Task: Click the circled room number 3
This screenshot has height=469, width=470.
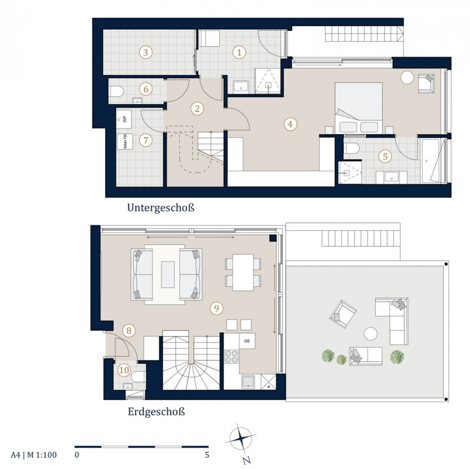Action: (145, 53)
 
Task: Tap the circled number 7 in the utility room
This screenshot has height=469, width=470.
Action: (146, 140)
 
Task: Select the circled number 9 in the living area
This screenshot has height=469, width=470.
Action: (217, 308)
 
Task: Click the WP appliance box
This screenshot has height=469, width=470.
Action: (124, 119)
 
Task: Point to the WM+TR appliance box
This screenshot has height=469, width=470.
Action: (125, 142)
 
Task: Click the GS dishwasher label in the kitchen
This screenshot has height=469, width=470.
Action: (247, 341)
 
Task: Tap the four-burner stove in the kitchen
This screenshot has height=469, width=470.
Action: (231, 357)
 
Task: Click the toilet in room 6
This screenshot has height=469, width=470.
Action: (116, 91)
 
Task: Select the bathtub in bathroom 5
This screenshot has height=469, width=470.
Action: (431, 161)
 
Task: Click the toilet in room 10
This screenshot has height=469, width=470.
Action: (138, 377)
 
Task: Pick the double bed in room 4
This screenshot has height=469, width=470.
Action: (358, 108)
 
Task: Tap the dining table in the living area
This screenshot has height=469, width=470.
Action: (243, 272)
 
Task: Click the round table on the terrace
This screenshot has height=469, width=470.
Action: (371, 334)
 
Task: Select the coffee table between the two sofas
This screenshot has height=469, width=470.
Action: (168, 274)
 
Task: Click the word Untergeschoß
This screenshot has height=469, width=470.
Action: (161, 208)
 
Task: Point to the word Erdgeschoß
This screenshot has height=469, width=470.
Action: (156, 411)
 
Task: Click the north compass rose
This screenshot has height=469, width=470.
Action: (241, 439)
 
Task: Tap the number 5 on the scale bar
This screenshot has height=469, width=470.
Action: (207, 455)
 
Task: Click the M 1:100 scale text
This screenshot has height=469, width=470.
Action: (42, 455)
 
